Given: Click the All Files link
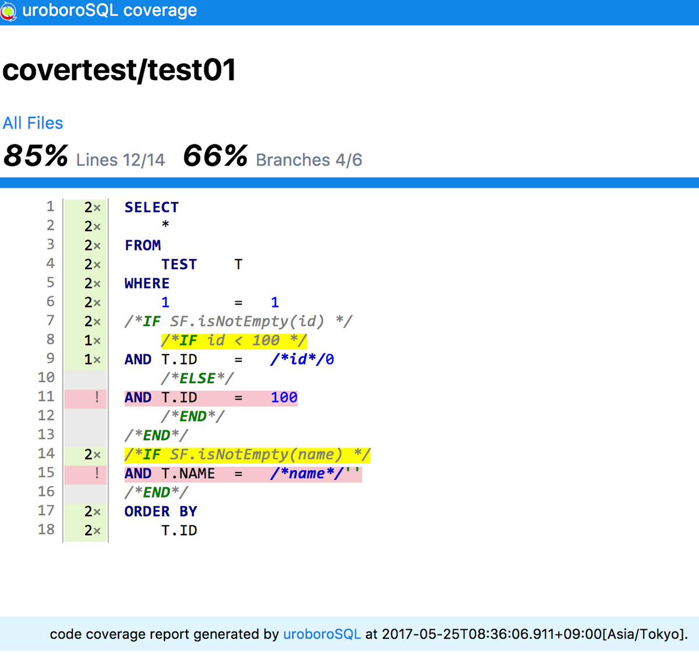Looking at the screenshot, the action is coord(33,123).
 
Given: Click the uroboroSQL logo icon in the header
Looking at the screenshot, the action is coord(9,11).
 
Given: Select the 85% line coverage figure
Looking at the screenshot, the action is coord(36,156).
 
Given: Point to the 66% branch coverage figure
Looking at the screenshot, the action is coord(216,156).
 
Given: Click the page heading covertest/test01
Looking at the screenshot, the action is coord(119,70).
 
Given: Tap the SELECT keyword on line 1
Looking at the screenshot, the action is coord(151,207).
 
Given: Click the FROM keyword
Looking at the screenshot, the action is coord(143,245).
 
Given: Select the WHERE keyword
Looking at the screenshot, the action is coord(147,283).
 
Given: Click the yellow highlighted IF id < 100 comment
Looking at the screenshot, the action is coord(234,341).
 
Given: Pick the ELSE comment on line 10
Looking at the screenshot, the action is coord(197,379).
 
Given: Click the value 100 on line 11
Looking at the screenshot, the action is coord(284,397).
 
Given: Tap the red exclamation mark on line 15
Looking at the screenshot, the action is coord(97,474).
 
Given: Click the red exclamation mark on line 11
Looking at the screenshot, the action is coord(97,397).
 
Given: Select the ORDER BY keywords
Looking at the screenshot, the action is coord(161,511).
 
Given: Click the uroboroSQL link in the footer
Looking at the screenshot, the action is coord(322,634).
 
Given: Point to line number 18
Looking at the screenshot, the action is coord(46,530).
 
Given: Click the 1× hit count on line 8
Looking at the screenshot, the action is coord(92,340).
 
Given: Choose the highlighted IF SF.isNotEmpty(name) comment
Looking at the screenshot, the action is coord(248,455).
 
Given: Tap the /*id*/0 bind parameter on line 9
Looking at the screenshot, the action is coord(302,359).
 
